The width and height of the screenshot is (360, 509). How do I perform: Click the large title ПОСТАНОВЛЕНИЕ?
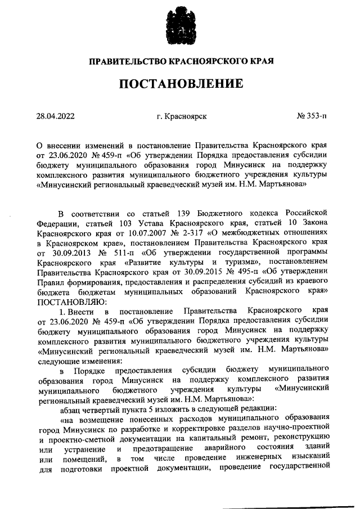click(181, 84)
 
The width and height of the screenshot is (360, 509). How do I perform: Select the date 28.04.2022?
click(56, 116)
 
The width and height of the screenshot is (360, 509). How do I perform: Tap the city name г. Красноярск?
click(182, 116)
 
